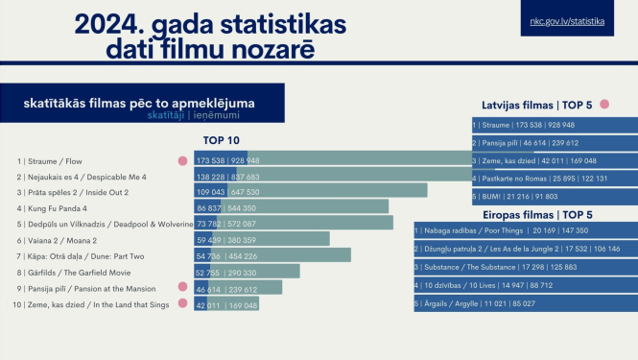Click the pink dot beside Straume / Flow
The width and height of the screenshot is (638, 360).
point(182,161)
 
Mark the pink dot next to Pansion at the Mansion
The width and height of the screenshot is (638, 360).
point(182,287)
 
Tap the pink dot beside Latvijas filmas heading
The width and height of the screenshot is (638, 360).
point(604,104)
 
